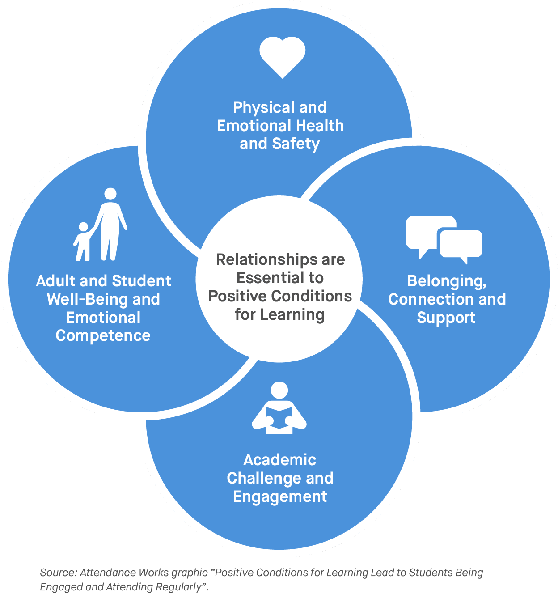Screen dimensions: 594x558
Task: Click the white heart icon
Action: (282, 56)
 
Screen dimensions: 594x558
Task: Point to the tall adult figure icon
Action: (110, 224)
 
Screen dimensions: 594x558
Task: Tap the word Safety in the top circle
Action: (296, 144)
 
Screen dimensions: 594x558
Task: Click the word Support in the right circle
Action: (446, 318)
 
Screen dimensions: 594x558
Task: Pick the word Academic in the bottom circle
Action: (280, 460)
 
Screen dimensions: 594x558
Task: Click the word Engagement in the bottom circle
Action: (280, 496)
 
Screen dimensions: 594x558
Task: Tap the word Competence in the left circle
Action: (103, 336)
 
